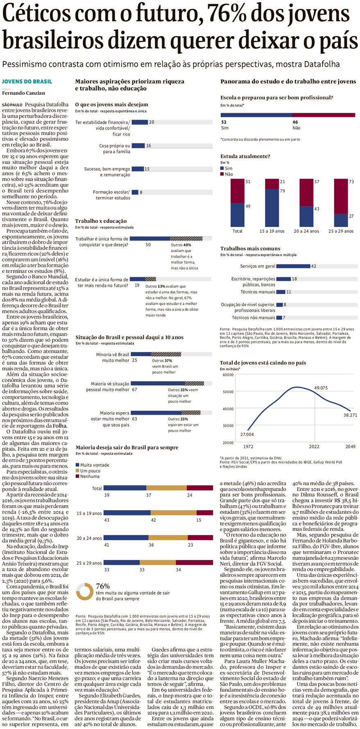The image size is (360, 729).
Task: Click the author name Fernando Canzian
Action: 23,93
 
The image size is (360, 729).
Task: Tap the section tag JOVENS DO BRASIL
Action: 27,82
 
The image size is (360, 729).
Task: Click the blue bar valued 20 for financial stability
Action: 140,122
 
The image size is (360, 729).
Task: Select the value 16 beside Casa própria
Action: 149,145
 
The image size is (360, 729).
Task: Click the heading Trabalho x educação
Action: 101,221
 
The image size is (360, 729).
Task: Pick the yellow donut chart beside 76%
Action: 85,591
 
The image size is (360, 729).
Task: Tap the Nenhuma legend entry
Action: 90,477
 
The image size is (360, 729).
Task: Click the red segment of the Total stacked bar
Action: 200,488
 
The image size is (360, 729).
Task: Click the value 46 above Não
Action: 295,122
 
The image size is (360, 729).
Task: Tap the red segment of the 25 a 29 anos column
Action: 341,196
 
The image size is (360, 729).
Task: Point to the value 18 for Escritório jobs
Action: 294,279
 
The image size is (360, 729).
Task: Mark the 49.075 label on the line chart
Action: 321,388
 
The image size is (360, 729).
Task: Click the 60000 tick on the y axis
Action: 228,375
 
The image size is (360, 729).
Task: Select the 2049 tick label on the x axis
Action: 350,447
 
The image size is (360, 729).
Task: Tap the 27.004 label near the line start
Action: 247,434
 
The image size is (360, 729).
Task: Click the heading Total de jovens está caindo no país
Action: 263,363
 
